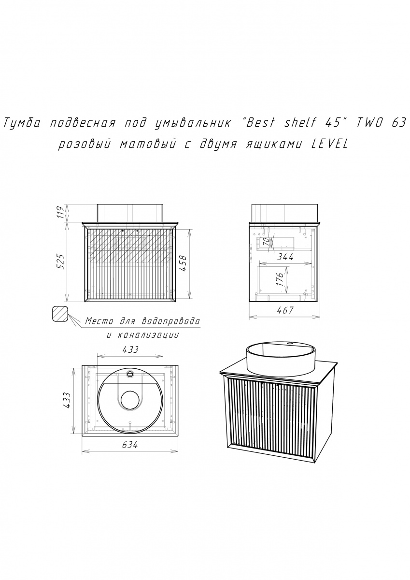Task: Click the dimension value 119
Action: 60,212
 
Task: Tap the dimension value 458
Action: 183,263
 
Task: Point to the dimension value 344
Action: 285,257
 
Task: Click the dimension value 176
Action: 280,278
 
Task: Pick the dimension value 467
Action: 285,310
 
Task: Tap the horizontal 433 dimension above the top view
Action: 130,349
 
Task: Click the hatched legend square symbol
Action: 60,314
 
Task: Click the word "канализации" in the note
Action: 148,335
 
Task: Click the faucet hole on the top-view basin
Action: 130,374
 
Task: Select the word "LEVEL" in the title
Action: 329,145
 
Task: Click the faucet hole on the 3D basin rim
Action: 291,344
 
